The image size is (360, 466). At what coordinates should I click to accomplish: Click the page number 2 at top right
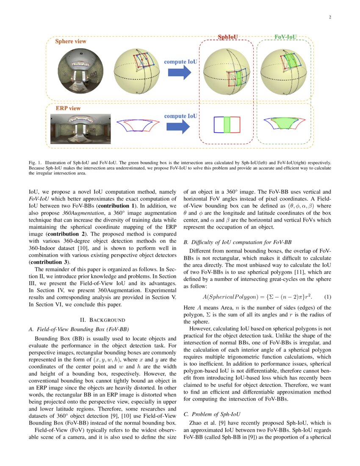point(330,17)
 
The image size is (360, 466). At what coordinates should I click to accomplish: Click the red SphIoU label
point(228,37)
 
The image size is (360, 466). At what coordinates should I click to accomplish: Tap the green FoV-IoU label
point(285,37)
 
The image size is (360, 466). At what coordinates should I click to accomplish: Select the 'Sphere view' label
point(71,42)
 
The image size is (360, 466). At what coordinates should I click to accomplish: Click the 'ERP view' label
point(68,108)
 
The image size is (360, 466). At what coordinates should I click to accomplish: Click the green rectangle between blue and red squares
point(227,125)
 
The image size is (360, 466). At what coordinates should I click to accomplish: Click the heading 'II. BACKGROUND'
point(102,319)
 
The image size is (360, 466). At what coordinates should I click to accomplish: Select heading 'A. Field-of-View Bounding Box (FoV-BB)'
point(78,329)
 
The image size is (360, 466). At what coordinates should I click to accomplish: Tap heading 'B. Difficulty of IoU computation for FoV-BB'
point(237,242)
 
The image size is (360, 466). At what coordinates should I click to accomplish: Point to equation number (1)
point(328,297)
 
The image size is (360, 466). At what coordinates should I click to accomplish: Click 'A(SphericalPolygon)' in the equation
point(230,297)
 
